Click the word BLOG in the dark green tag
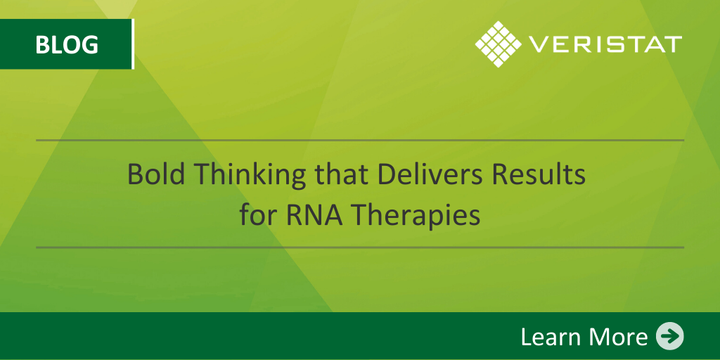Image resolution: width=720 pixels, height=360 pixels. point(67,44)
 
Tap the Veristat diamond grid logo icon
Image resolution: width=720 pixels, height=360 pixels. point(499,44)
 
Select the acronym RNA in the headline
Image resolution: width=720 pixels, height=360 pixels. point(314,215)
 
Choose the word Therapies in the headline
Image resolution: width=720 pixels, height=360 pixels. point(416,217)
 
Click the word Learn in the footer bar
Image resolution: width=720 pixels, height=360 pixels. point(549,337)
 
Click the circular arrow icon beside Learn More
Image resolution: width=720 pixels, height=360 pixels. point(669,336)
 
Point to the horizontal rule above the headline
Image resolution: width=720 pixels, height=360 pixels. point(360,140)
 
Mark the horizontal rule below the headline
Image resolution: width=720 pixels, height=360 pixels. point(360,247)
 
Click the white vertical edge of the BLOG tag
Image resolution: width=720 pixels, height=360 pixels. point(133,44)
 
